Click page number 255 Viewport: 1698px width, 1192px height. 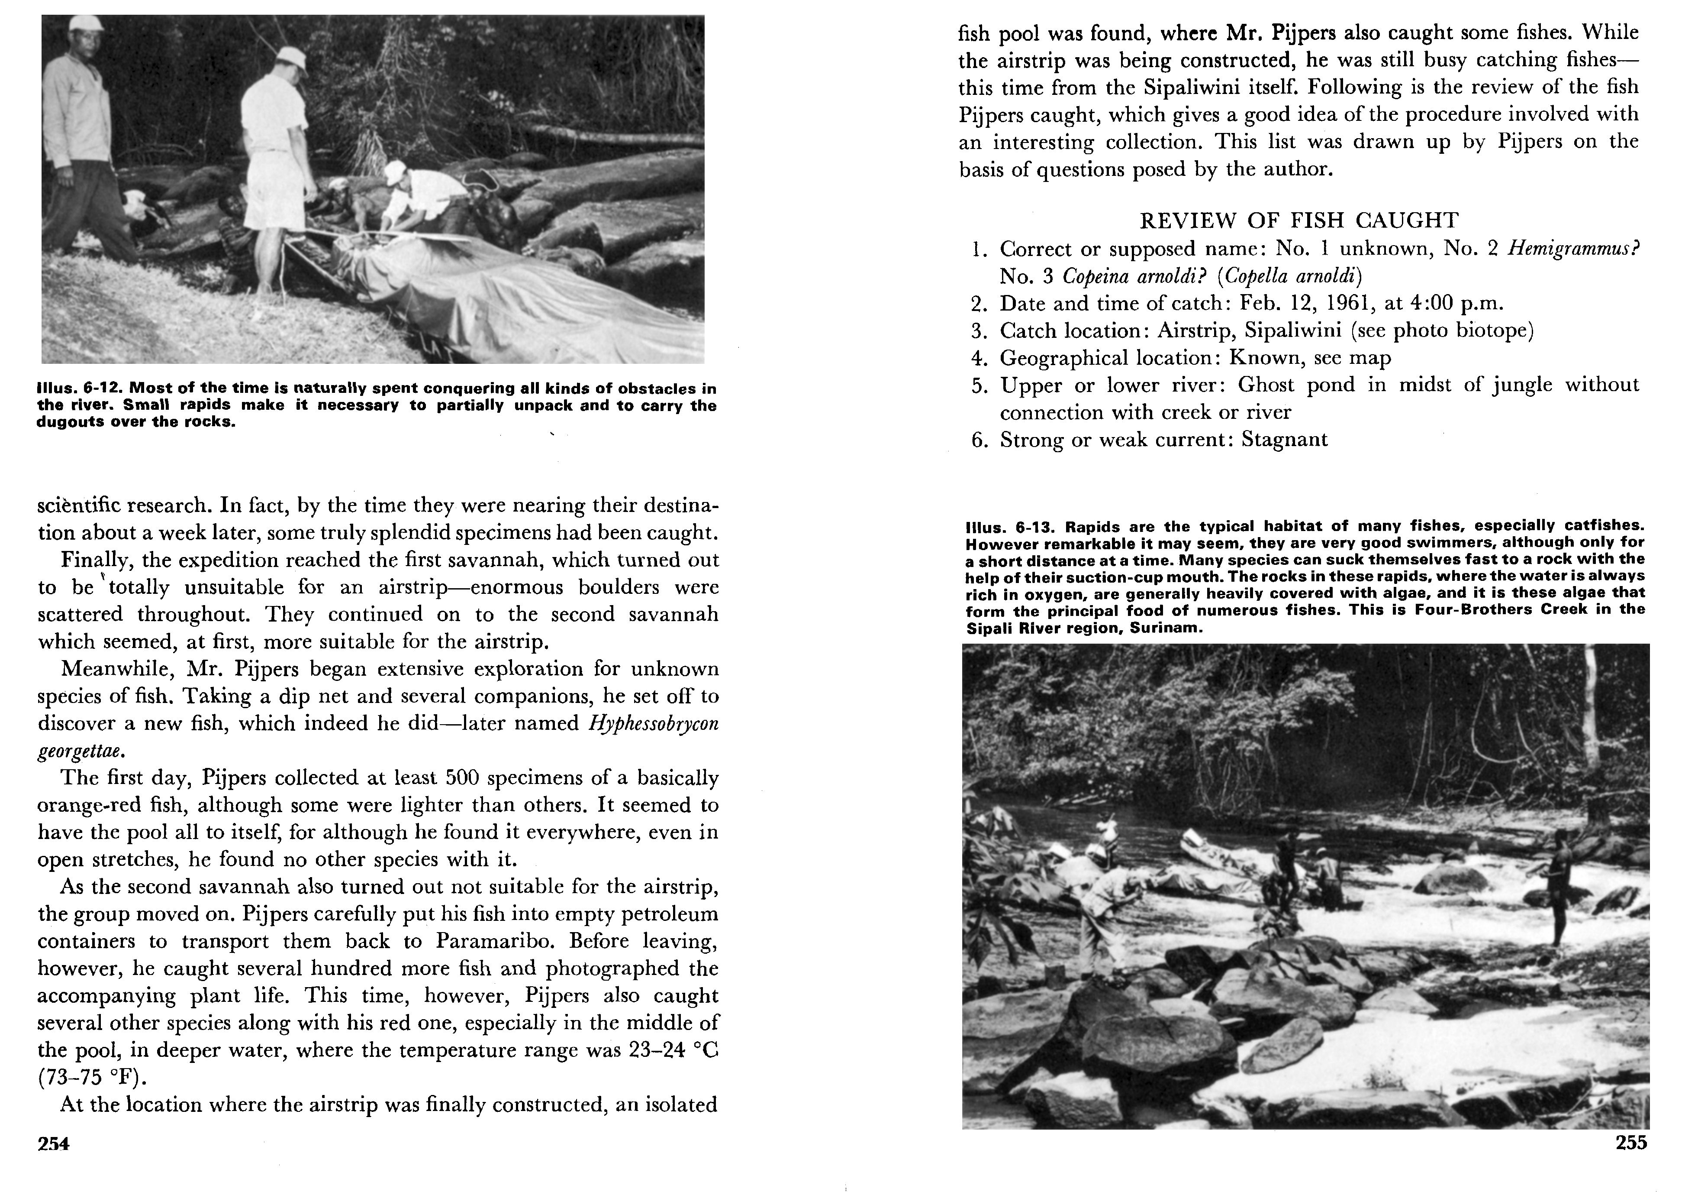click(1631, 1143)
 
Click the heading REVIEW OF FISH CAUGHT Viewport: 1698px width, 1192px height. click(1298, 220)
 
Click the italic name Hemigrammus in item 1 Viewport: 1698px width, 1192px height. click(1571, 249)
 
